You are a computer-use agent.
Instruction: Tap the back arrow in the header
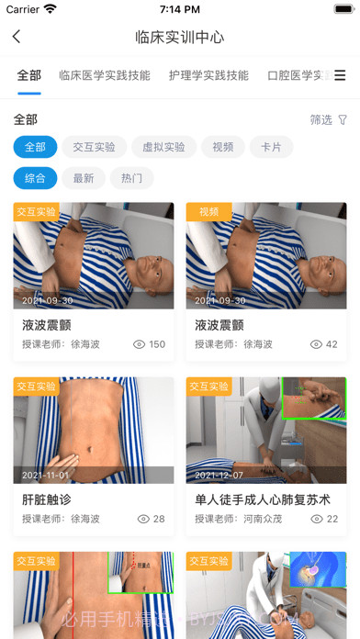pos(17,38)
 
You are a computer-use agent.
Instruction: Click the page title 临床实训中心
pos(179,38)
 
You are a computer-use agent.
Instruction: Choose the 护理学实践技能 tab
pos(208,76)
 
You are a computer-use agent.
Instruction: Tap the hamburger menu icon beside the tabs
pos(340,76)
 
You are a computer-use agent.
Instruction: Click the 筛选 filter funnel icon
pos(343,120)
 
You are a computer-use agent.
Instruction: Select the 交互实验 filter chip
pos(95,147)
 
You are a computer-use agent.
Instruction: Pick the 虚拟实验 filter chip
pos(163,147)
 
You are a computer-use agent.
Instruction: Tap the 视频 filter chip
pos(223,147)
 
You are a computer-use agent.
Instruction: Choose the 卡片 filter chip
pos(271,147)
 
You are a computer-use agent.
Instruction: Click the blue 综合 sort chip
pos(36,178)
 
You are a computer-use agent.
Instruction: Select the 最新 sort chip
pos(84,178)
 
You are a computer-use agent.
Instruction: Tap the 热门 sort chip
pos(131,178)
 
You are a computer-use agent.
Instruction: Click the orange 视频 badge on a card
pos(208,211)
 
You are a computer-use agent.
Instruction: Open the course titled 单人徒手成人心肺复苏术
pos(263,499)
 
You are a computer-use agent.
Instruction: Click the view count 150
pos(156,344)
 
